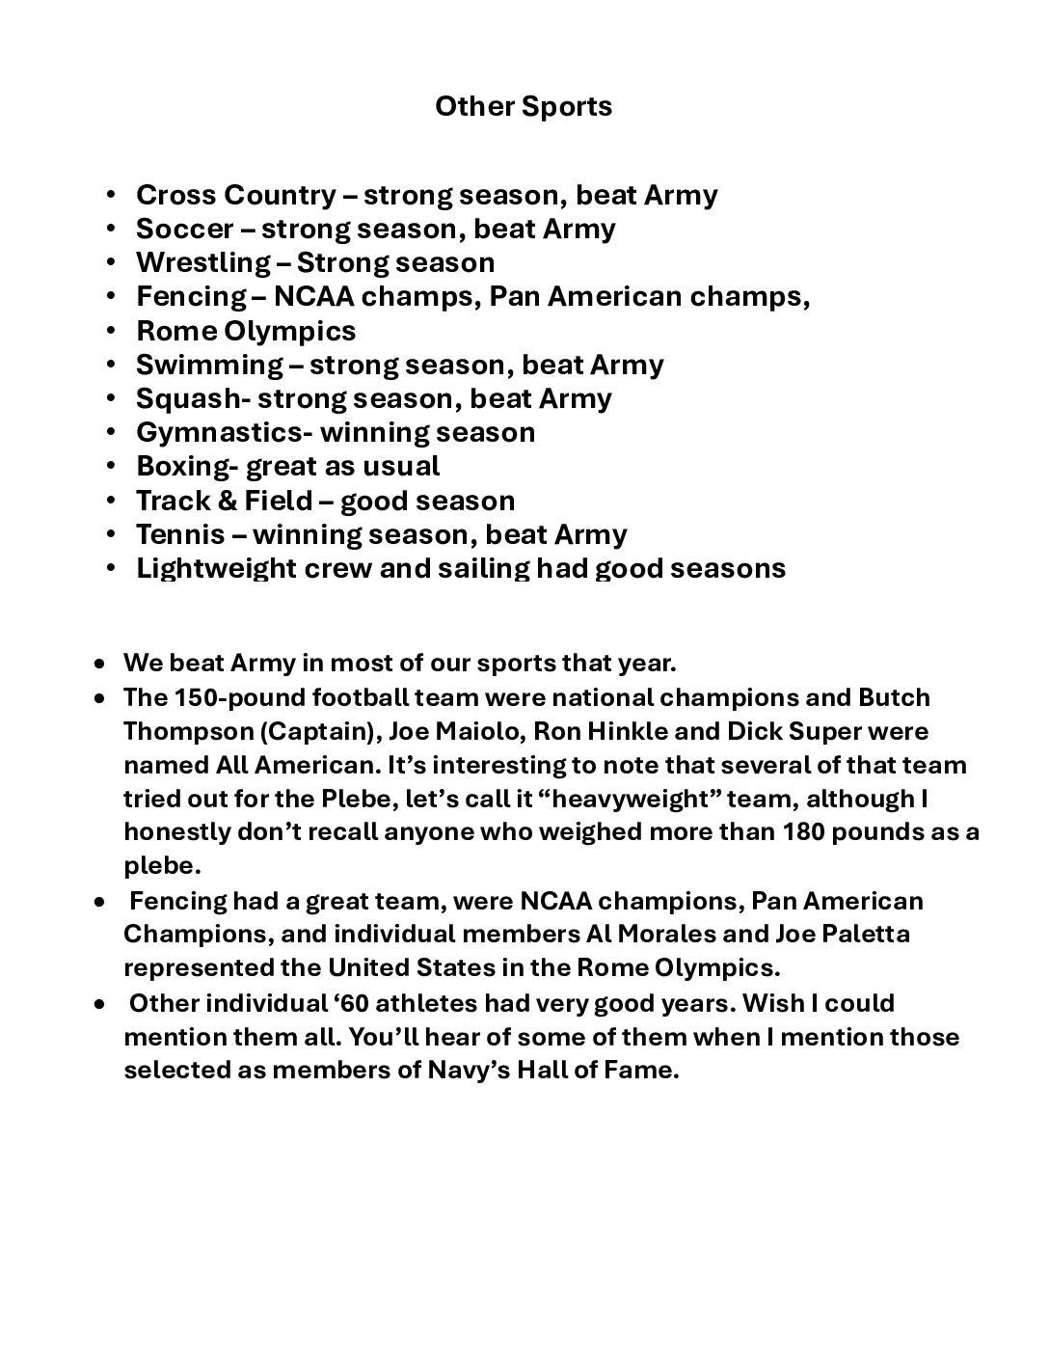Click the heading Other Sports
(524, 106)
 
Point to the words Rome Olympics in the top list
(246, 331)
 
